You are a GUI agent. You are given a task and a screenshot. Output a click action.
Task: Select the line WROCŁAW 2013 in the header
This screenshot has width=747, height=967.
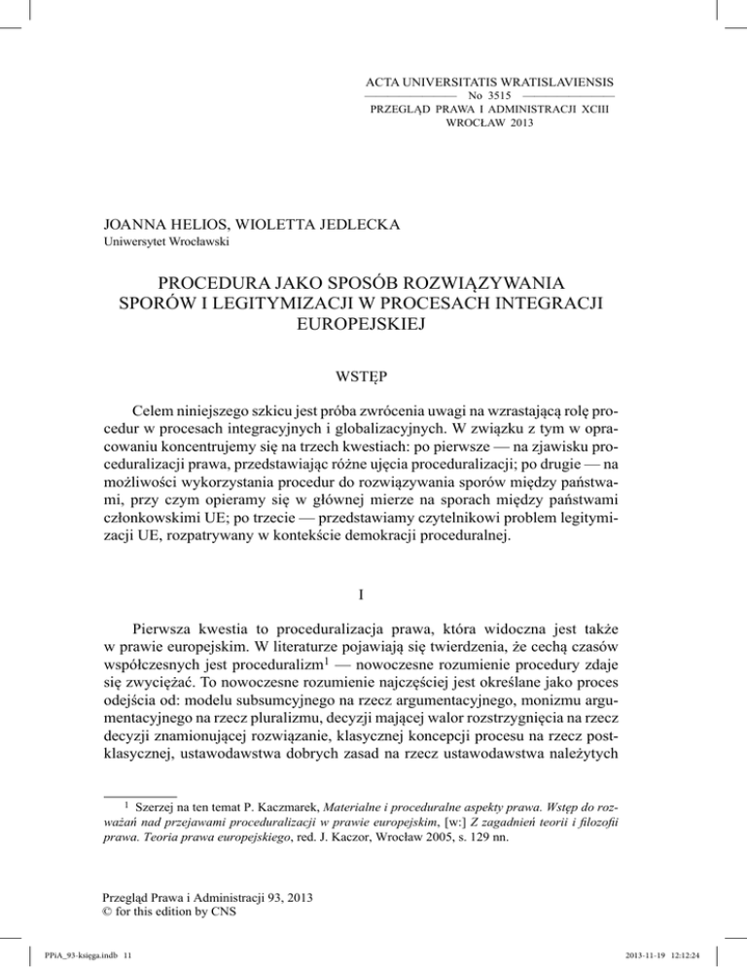click(x=488, y=125)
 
